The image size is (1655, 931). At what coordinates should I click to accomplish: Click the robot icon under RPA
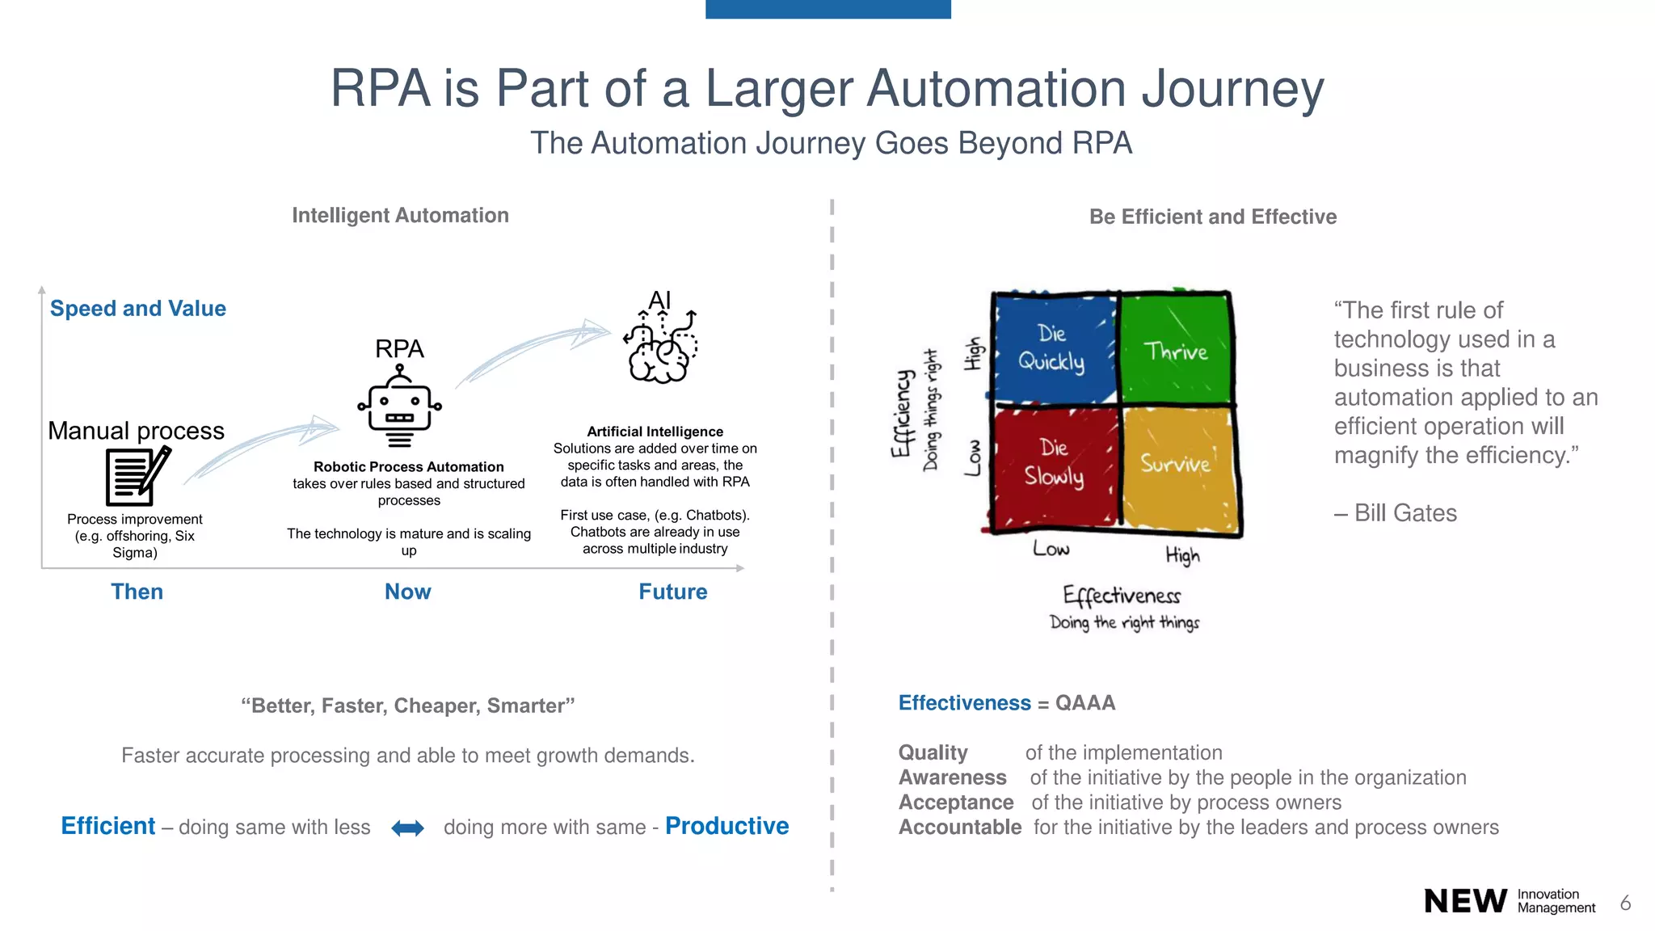click(399, 407)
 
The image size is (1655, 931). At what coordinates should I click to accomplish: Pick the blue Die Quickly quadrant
click(1053, 348)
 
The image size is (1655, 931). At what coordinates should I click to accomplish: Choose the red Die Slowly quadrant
click(1054, 465)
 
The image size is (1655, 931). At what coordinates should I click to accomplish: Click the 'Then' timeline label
click(137, 592)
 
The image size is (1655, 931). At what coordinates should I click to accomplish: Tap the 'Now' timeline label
click(408, 592)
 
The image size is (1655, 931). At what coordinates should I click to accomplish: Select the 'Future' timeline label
click(673, 592)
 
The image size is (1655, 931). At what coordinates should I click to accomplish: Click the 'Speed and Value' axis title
click(138, 309)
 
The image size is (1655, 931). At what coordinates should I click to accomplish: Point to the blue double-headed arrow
click(407, 828)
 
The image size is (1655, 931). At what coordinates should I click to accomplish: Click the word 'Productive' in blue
click(726, 826)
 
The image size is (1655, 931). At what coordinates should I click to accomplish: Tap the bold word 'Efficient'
click(108, 826)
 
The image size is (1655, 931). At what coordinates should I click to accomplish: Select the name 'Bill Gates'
click(1405, 513)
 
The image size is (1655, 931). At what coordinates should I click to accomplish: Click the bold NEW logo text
click(1465, 901)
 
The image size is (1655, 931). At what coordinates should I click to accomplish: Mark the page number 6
click(1625, 903)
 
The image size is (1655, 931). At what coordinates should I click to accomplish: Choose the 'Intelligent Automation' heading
click(400, 216)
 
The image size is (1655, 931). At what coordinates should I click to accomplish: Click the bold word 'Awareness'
click(953, 777)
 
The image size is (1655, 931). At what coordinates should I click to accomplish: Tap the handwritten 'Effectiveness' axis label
click(1122, 596)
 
